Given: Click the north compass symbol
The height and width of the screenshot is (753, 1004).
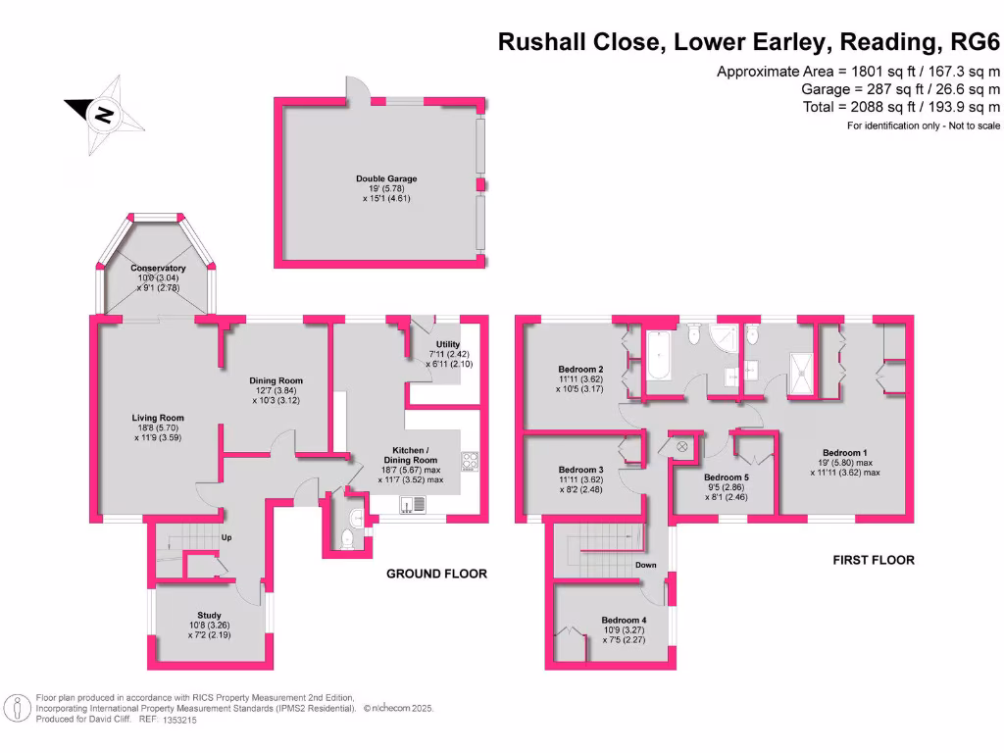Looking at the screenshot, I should (103, 116).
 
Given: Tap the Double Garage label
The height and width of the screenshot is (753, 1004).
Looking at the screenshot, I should (386, 179).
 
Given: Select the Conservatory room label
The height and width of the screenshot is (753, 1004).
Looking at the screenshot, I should (158, 268).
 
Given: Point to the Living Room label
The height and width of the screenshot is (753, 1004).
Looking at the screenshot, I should (158, 418).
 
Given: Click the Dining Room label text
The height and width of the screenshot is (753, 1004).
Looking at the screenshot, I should (277, 380).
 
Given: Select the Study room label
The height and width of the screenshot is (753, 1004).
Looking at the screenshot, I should (210, 616).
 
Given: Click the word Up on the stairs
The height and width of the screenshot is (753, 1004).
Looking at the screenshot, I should (225, 537).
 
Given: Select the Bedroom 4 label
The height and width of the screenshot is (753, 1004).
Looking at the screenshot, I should (625, 621).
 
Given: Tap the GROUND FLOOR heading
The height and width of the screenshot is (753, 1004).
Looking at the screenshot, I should (436, 574).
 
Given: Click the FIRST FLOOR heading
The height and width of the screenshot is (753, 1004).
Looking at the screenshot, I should (874, 560).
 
